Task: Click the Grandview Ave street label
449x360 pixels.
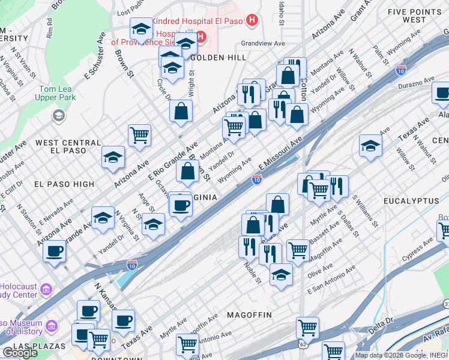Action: [x=263, y=44]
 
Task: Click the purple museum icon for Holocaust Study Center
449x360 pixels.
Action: [x=46, y=292]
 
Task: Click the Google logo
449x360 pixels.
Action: [x=20, y=353]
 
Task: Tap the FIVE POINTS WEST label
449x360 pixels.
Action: [x=415, y=16]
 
